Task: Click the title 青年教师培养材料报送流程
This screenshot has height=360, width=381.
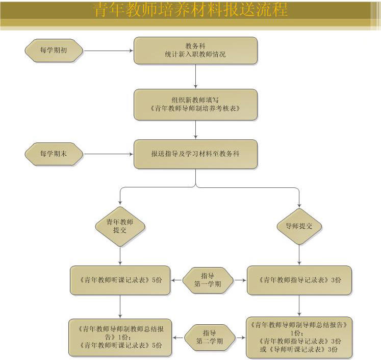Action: click(190, 10)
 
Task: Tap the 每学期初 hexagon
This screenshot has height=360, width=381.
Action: click(54, 50)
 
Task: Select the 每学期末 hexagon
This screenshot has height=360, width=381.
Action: click(54, 154)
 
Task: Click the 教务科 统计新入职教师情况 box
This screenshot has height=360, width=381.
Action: click(195, 50)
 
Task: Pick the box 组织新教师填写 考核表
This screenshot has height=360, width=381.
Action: click(195, 105)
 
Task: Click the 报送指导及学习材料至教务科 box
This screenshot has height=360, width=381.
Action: click(195, 154)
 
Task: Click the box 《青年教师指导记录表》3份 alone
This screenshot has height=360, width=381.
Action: click(299, 280)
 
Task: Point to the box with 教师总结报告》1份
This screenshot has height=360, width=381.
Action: click(120, 338)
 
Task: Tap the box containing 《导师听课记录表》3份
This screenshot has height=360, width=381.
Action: click(299, 338)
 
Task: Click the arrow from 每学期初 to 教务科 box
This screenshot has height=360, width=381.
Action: click(108, 50)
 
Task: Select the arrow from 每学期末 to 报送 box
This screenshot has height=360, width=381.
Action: click(108, 154)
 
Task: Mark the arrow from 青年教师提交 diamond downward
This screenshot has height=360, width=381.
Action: click(120, 255)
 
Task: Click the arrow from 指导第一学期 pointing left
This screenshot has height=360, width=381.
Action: click(177, 280)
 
